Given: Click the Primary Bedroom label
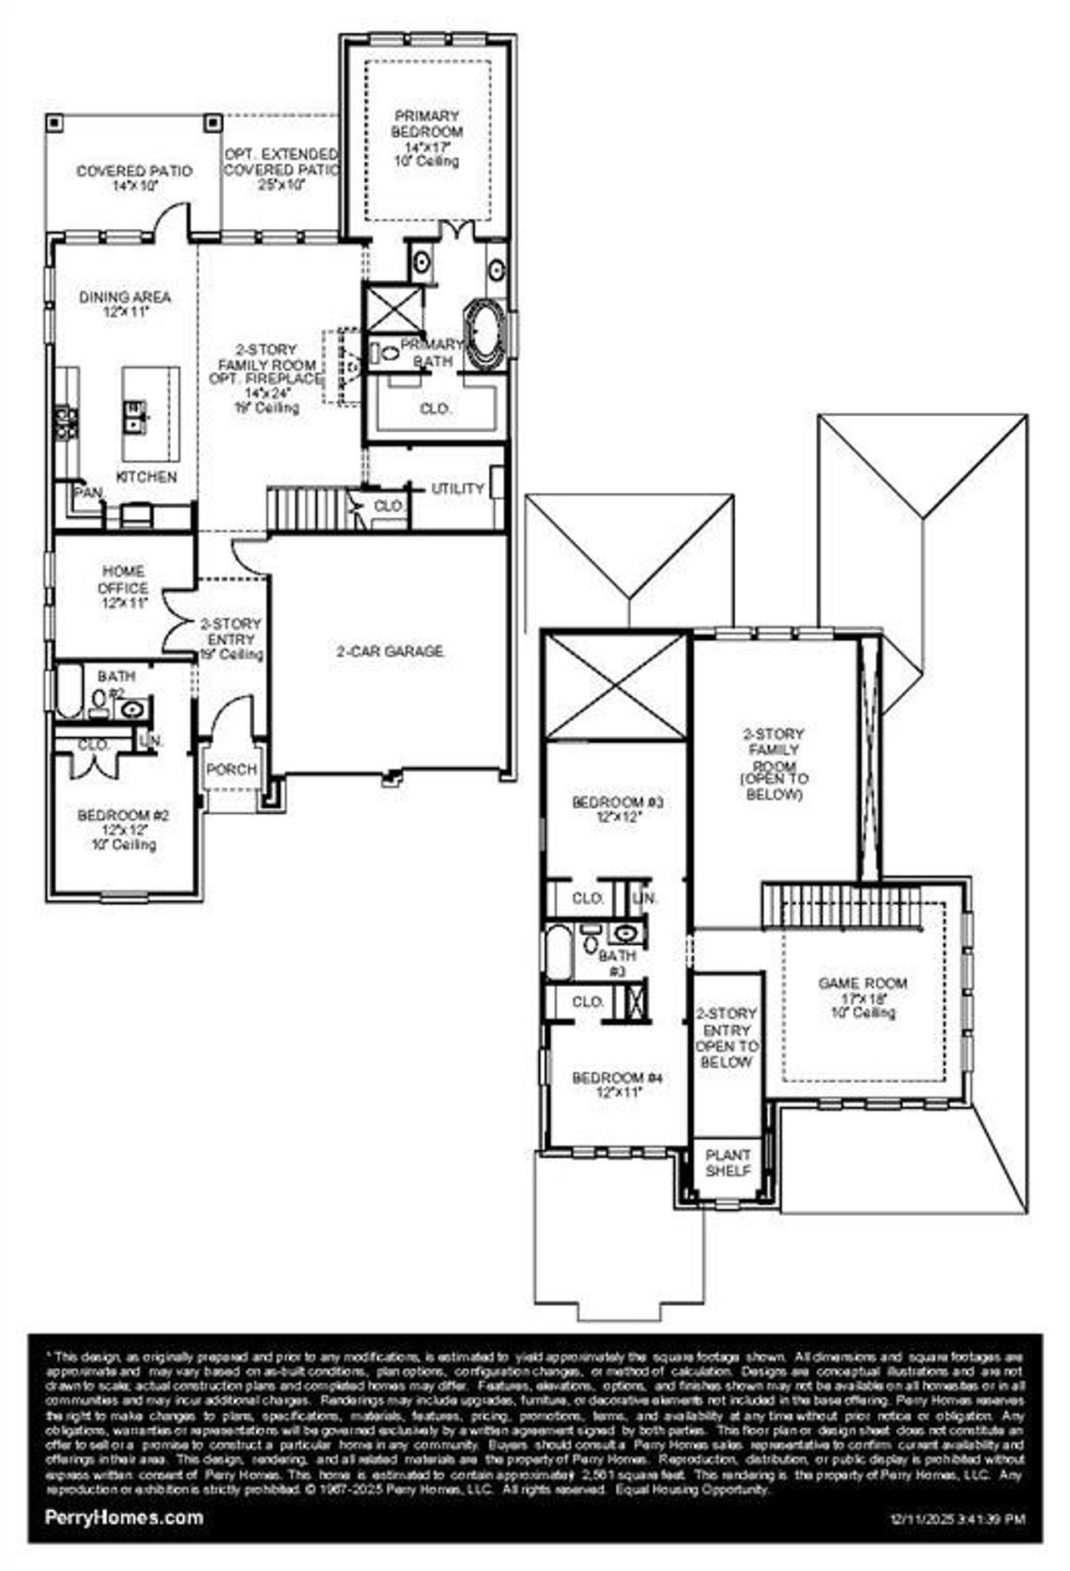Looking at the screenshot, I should (x=426, y=125).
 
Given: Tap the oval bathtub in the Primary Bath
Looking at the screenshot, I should (x=485, y=334).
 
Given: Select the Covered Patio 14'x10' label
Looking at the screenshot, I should (x=135, y=178).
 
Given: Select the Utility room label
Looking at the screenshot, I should (x=457, y=489).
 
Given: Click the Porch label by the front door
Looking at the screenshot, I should (x=232, y=770).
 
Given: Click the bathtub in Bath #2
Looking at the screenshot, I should (x=69, y=691).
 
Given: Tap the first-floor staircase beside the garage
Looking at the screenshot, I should (x=305, y=509).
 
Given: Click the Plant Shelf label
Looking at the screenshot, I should (x=728, y=1163).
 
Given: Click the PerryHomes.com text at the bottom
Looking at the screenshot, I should (x=124, y=1518).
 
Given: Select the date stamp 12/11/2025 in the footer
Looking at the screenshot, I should (x=958, y=1519).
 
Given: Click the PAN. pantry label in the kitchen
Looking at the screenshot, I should (x=88, y=493).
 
